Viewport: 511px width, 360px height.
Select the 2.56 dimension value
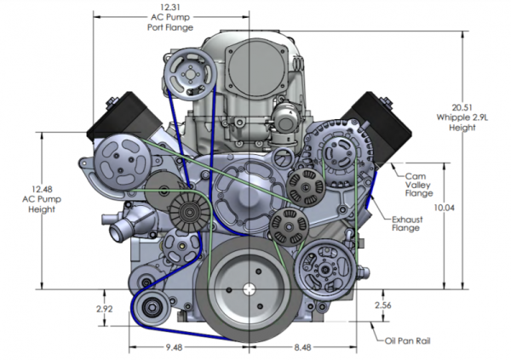pyautogui.click(x=383, y=305)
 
